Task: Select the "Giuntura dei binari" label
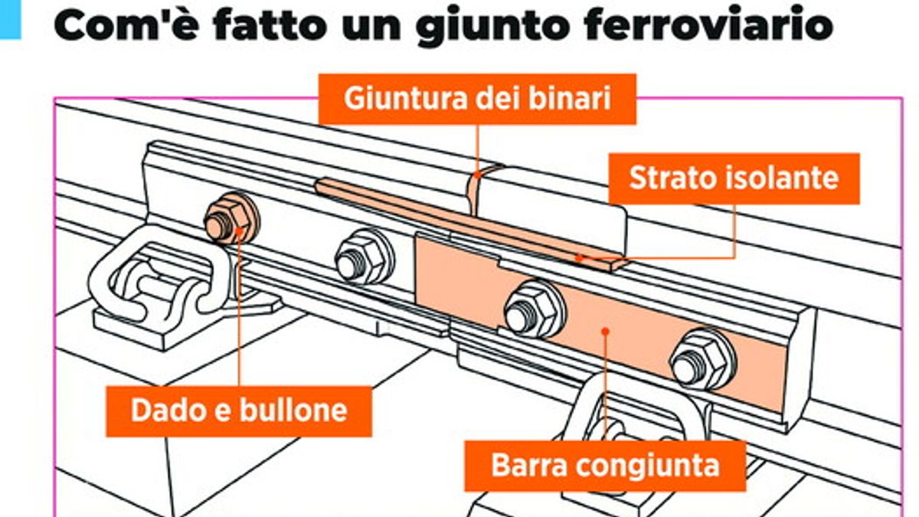click(x=477, y=99)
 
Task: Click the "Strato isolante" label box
click(x=733, y=178)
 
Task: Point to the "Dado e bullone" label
click(x=239, y=411)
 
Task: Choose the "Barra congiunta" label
click(x=605, y=466)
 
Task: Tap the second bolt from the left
click(x=363, y=257)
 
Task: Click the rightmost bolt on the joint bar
click(x=701, y=358)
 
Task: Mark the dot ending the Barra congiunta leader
click(x=605, y=332)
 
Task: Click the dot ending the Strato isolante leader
click(x=580, y=257)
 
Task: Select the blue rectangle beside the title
click(x=10, y=18)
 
